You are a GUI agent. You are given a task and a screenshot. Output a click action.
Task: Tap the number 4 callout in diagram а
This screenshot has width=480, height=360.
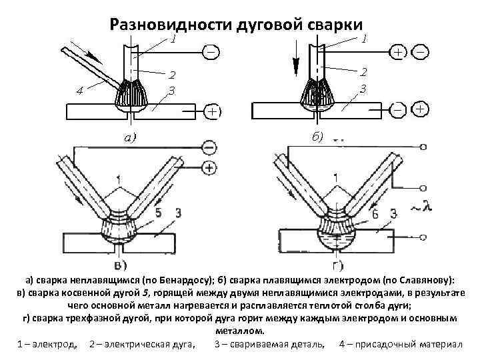pos(79,91)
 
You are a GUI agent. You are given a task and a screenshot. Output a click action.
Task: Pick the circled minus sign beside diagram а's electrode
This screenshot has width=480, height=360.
pos(211,51)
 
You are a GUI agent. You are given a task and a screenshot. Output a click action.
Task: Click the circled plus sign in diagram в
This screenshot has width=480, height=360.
pos(209,167)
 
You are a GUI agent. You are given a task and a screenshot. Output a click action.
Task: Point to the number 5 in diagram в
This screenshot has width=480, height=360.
pos(157,213)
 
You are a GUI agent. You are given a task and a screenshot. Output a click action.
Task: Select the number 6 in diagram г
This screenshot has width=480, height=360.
pos(375,213)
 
